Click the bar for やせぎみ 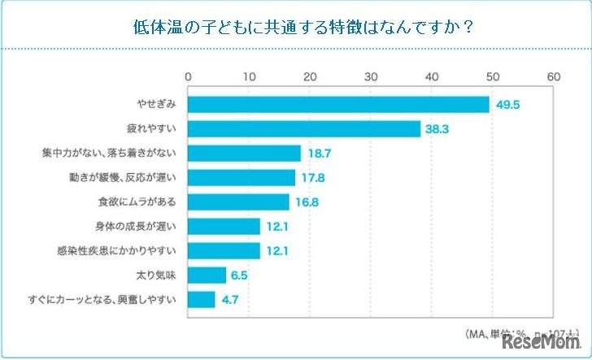point(338,105)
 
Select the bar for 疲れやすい point(304,129)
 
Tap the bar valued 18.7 point(245,153)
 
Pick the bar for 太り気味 point(207,275)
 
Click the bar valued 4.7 point(202,299)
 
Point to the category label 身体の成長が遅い point(141,226)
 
